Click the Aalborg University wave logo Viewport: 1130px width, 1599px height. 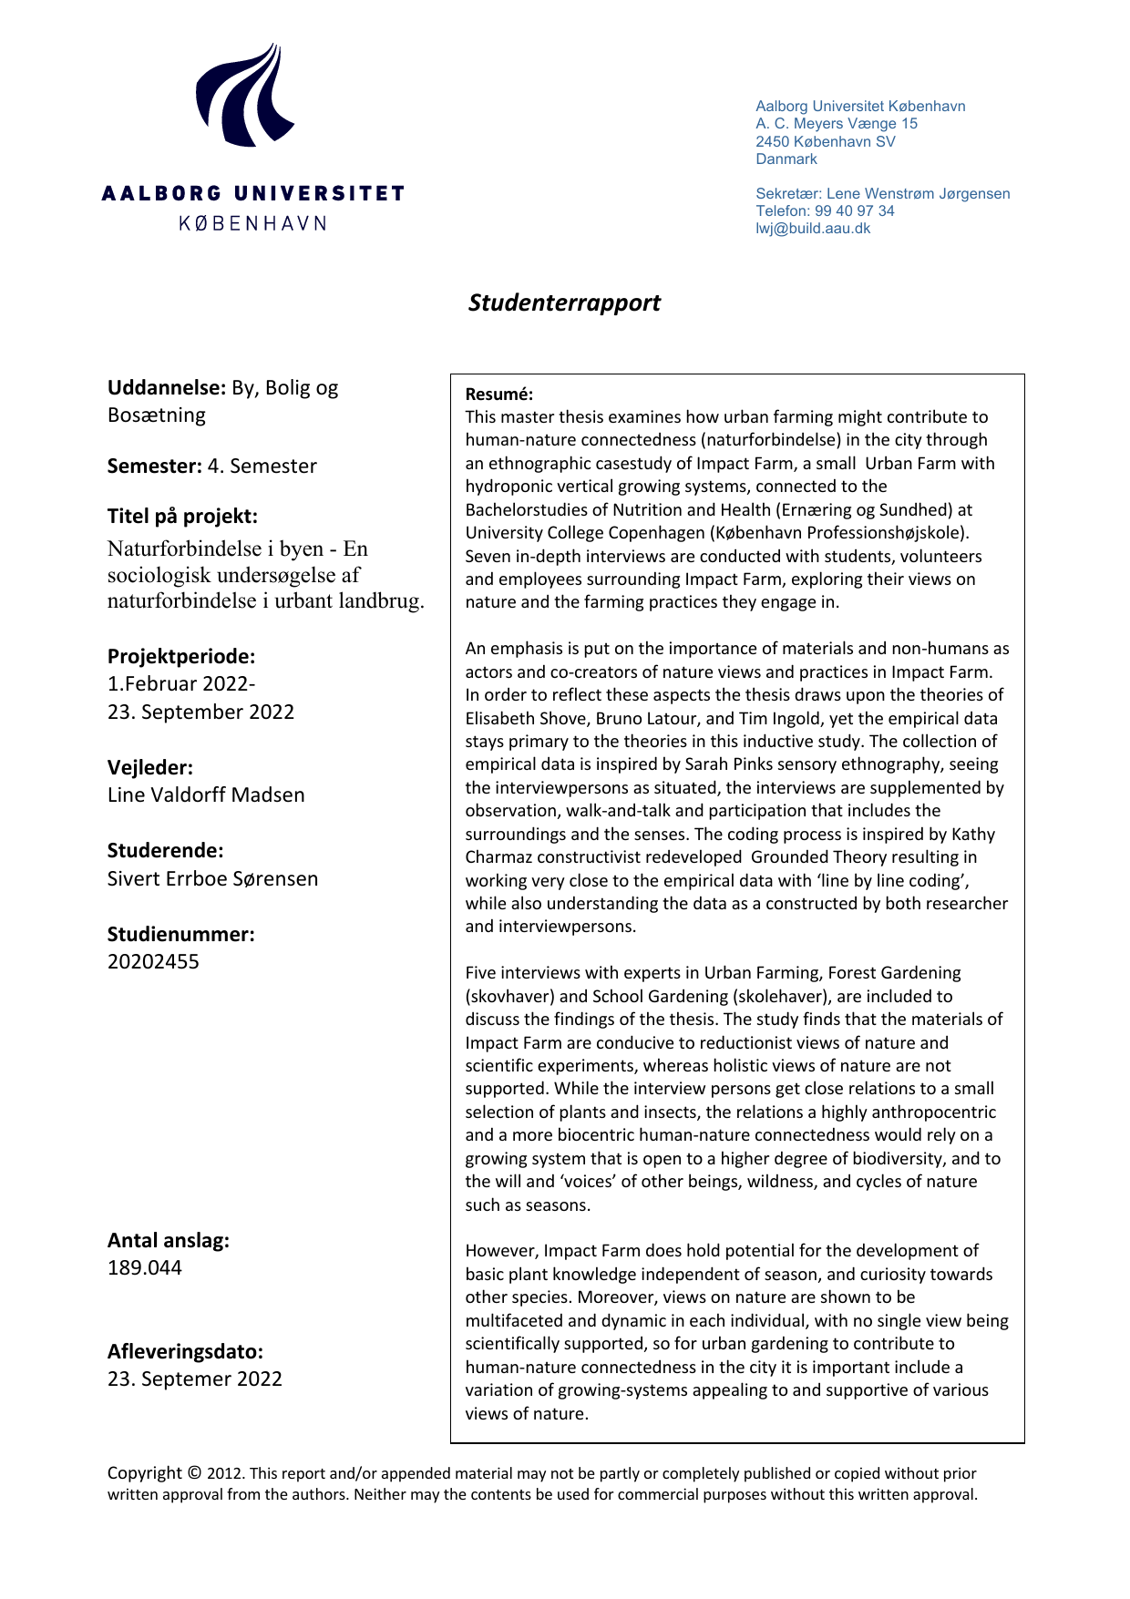[244, 95]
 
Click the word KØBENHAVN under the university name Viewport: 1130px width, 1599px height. [252, 223]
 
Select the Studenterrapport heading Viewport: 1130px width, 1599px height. [564, 302]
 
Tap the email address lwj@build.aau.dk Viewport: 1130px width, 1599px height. [813, 229]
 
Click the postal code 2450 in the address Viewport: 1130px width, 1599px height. [773, 142]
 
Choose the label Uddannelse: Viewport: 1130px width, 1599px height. [166, 388]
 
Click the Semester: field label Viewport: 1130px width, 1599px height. [154, 466]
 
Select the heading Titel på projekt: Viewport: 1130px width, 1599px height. [182, 517]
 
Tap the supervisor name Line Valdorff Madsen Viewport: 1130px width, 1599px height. [206, 795]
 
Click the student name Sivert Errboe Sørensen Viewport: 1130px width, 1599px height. [212, 879]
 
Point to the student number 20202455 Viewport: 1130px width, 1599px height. [153, 962]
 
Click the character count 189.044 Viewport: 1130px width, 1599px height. [145, 1268]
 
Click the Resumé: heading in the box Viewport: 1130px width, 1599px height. [498, 395]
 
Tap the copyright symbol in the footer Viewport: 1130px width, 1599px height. [194, 1473]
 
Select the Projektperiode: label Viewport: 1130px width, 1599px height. [181, 657]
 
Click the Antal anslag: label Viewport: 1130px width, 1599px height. [169, 1241]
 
